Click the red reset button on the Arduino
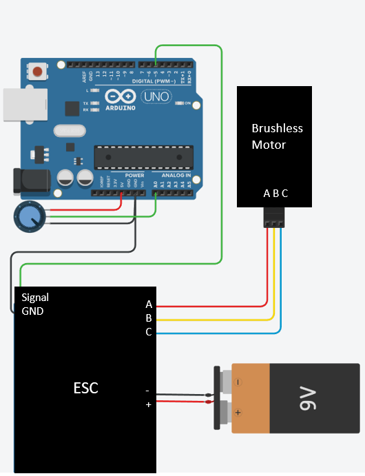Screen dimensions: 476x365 (37, 71)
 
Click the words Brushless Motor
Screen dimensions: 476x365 (277, 136)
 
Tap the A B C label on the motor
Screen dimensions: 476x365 (275, 194)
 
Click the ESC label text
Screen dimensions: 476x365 (85, 389)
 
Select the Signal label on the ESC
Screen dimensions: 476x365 (35, 298)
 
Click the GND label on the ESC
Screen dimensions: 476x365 (32, 311)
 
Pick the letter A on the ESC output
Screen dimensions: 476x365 (149, 304)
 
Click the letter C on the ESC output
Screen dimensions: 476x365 (149, 333)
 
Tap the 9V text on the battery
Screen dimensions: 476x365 (307, 397)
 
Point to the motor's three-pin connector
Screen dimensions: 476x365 (274, 218)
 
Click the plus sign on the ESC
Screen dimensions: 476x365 (147, 405)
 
